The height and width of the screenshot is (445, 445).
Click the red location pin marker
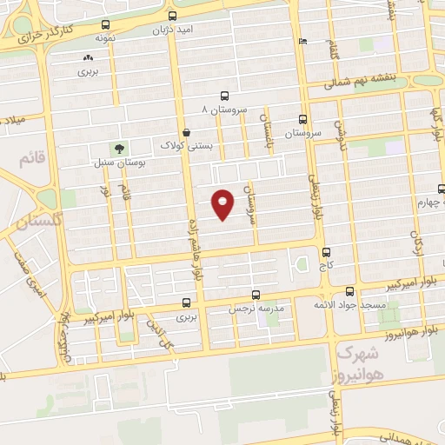[223, 203]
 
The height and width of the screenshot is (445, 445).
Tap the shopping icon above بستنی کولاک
[188, 130]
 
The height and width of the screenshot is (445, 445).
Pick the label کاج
[327, 262]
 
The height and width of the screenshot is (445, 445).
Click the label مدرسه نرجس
[256, 309]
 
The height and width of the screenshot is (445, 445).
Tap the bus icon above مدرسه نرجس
[256, 295]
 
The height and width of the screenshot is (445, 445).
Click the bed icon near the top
[302, 41]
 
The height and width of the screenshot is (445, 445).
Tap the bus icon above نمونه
[106, 25]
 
